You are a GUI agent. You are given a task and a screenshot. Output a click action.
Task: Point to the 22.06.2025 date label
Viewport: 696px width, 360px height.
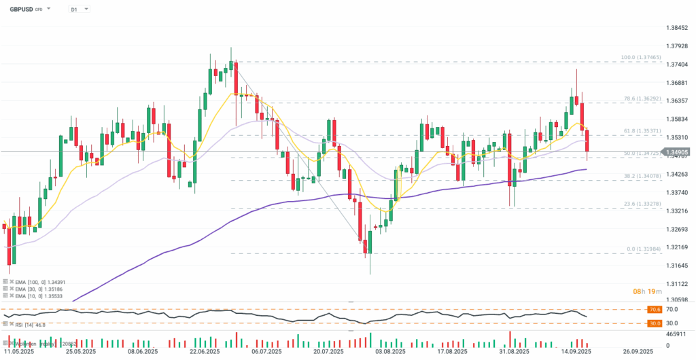click(x=204, y=352)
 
